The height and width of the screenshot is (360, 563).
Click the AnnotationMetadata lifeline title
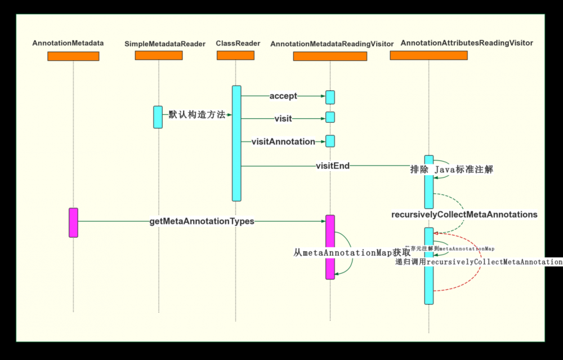pyautogui.click(x=68, y=43)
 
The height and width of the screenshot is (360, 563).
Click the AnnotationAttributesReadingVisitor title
pyautogui.click(x=467, y=43)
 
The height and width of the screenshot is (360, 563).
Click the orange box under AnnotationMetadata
pyautogui.click(x=73, y=56)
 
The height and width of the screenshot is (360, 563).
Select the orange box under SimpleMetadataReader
pyautogui.click(x=159, y=55)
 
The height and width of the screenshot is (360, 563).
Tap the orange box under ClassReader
pyautogui.click(x=235, y=55)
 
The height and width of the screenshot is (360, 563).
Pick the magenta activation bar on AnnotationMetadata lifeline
pyautogui.click(x=73, y=223)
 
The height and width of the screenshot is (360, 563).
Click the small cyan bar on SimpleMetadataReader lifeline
pyautogui.click(x=158, y=117)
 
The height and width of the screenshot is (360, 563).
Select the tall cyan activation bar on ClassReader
pyautogui.click(x=236, y=143)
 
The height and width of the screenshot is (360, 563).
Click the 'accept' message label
pyautogui.click(x=283, y=96)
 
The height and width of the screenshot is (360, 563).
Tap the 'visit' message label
pyautogui.click(x=283, y=119)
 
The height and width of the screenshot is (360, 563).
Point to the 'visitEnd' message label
pyautogui.click(x=333, y=166)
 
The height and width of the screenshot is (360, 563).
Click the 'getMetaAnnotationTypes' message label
pyautogui.click(x=202, y=221)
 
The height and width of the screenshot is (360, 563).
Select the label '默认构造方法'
pyautogui.click(x=197, y=114)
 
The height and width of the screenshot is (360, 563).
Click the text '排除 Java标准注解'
pyautogui.click(x=452, y=169)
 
